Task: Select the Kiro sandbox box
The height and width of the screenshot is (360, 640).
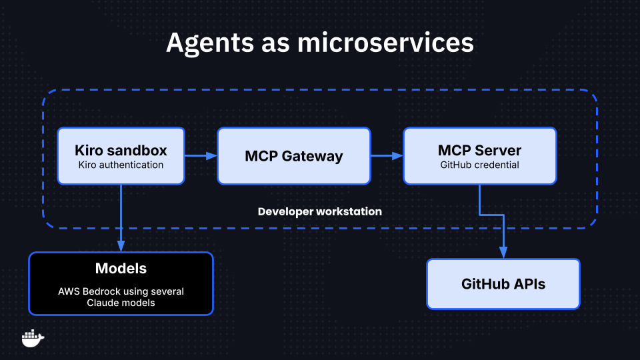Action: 121,156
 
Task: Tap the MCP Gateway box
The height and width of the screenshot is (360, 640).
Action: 293,156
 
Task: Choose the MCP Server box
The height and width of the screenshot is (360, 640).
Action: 479,156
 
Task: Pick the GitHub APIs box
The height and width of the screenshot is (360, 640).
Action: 503,284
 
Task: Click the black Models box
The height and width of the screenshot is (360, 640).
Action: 121,283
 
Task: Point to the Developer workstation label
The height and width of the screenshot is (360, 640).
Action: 320,211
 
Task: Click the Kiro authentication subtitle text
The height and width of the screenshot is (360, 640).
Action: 121,165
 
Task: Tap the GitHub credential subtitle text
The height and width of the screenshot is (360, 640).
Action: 479,165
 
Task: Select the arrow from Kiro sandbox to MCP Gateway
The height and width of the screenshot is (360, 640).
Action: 201,156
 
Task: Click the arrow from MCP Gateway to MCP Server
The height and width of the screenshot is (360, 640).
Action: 387,156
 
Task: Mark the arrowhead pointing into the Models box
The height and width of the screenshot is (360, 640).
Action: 121,247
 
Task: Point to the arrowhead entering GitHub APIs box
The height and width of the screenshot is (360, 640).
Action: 503,253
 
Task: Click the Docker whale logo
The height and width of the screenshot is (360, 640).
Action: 33,338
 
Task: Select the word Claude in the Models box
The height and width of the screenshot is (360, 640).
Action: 102,303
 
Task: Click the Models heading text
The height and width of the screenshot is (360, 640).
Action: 121,269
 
